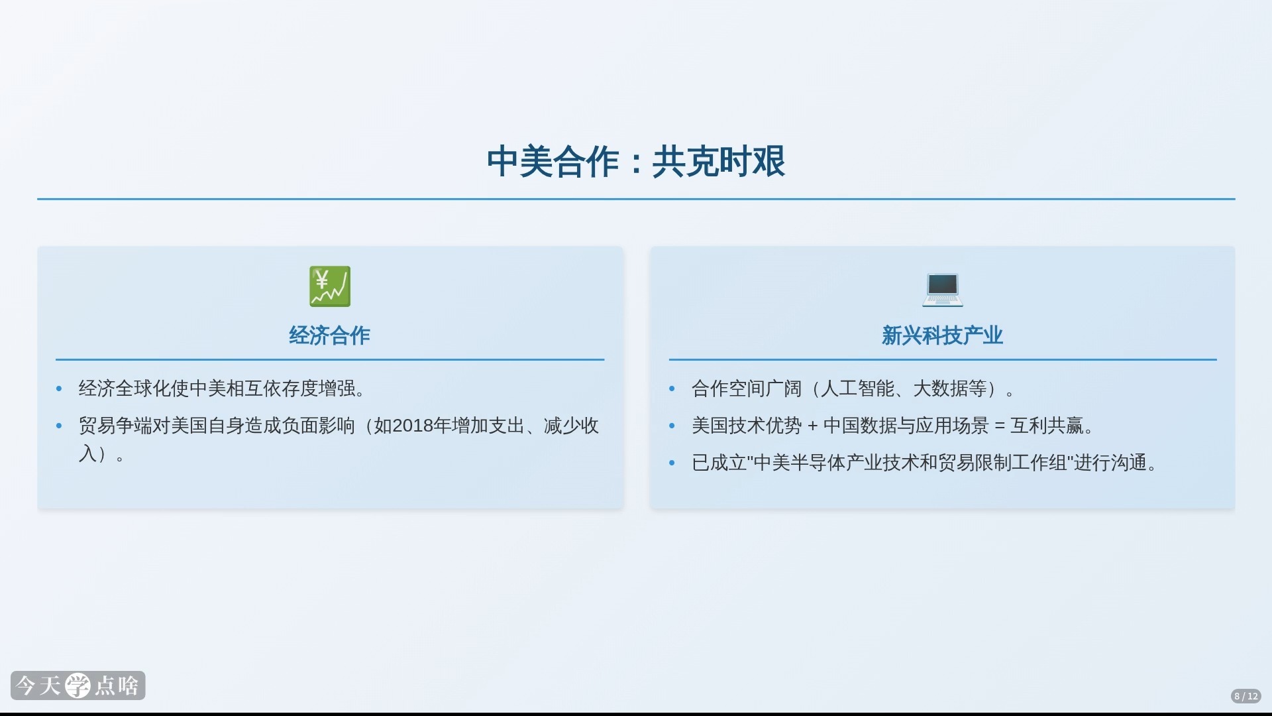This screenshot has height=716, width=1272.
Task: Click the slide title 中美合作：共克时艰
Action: (636, 162)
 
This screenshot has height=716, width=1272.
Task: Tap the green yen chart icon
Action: (330, 286)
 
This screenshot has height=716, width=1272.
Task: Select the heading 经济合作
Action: (329, 335)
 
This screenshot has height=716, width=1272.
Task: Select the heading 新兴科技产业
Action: (942, 335)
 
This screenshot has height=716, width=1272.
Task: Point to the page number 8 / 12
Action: (1245, 696)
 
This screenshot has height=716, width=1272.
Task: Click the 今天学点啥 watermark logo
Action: (78, 686)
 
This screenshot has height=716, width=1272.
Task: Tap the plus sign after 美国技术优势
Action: (812, 426)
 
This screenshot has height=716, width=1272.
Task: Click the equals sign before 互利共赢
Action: (1000, 426)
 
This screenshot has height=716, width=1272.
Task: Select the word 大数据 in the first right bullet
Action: (941, 388)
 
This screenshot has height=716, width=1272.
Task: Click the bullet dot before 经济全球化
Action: (59, 389)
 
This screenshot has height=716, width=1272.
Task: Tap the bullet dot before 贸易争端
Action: (59, 426)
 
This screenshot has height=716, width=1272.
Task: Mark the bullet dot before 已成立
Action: (672, 463)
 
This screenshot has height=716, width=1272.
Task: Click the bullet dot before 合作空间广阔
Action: (672, 389)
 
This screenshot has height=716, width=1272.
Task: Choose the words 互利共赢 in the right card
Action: (1047, 426)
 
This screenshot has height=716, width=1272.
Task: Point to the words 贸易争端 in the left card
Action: (115, 426)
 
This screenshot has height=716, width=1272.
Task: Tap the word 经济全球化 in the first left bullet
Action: (125, 388)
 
